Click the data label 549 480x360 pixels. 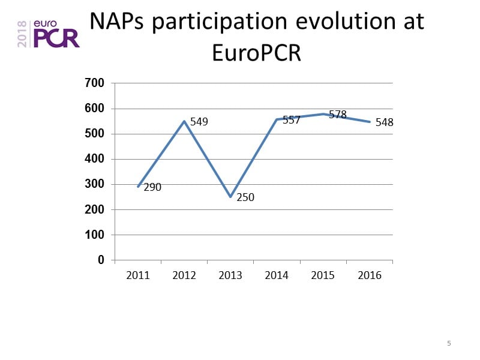coord(199,122)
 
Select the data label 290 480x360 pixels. coord(152,187)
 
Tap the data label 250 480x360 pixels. coord(245,197)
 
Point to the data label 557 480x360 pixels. coord(292,120)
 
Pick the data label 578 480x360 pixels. coord(338,115)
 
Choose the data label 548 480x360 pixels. coord(384,122)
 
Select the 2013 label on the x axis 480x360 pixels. coord(230,275)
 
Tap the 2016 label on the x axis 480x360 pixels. coord(369,275)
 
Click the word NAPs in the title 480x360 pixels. coord(118,22)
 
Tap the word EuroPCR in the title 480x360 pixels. coord(257,53)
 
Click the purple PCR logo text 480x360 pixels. coord(56,37)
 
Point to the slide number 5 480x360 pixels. coord(449,343)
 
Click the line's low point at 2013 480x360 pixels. coord(230,197)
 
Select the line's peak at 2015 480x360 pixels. coord(323,114)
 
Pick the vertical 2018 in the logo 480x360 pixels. coord(22,34)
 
